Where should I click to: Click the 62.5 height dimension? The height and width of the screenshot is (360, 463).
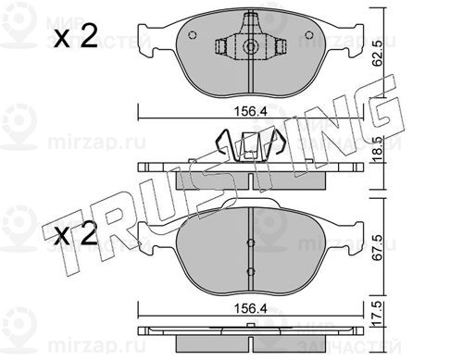tap(378, 53)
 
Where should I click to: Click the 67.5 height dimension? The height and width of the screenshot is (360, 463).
tap(378, 248)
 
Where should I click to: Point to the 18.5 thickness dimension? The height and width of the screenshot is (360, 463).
tap(378, 150)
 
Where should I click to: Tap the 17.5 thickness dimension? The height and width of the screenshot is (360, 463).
tap(378, 314)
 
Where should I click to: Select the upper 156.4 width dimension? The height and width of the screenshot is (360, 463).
tap(250, 112)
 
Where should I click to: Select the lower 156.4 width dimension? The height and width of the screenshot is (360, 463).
tap(250, 308)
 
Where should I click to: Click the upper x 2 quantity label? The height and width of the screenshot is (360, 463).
tap(76, 36)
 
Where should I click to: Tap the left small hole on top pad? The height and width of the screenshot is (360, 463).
tap(192, 35)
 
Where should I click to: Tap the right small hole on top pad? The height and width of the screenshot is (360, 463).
tap(308, 35)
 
